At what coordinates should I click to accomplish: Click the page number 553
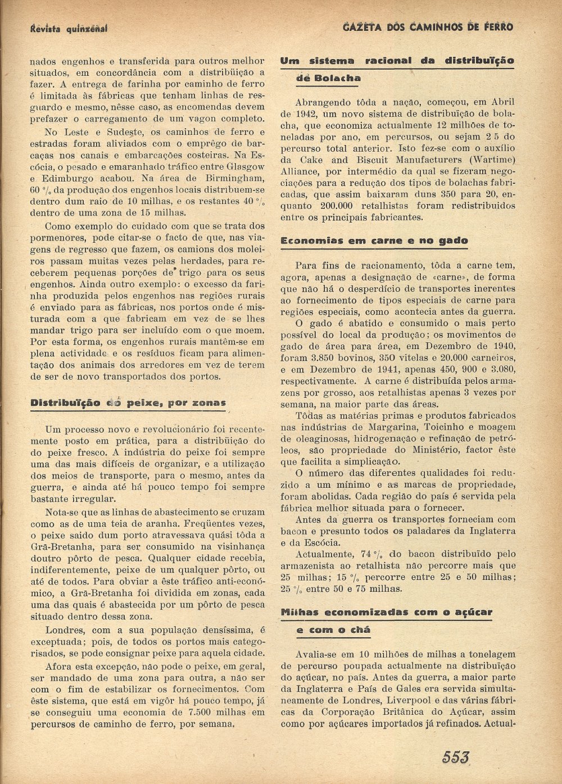click(x=455, y=757)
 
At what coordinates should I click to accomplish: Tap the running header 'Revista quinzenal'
click(x=69, y=28)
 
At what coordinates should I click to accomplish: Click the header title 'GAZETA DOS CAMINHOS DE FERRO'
click(x=428, y=26)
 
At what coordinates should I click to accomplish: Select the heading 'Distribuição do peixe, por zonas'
click(x=128, y=402)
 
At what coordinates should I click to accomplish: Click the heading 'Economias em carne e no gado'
click(x=374, y=241)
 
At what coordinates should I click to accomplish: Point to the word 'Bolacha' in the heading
click(x=328, y=78)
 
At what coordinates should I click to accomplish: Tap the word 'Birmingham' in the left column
click(x=236, y=178)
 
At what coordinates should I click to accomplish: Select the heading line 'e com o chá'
click(x=333, y=630)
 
